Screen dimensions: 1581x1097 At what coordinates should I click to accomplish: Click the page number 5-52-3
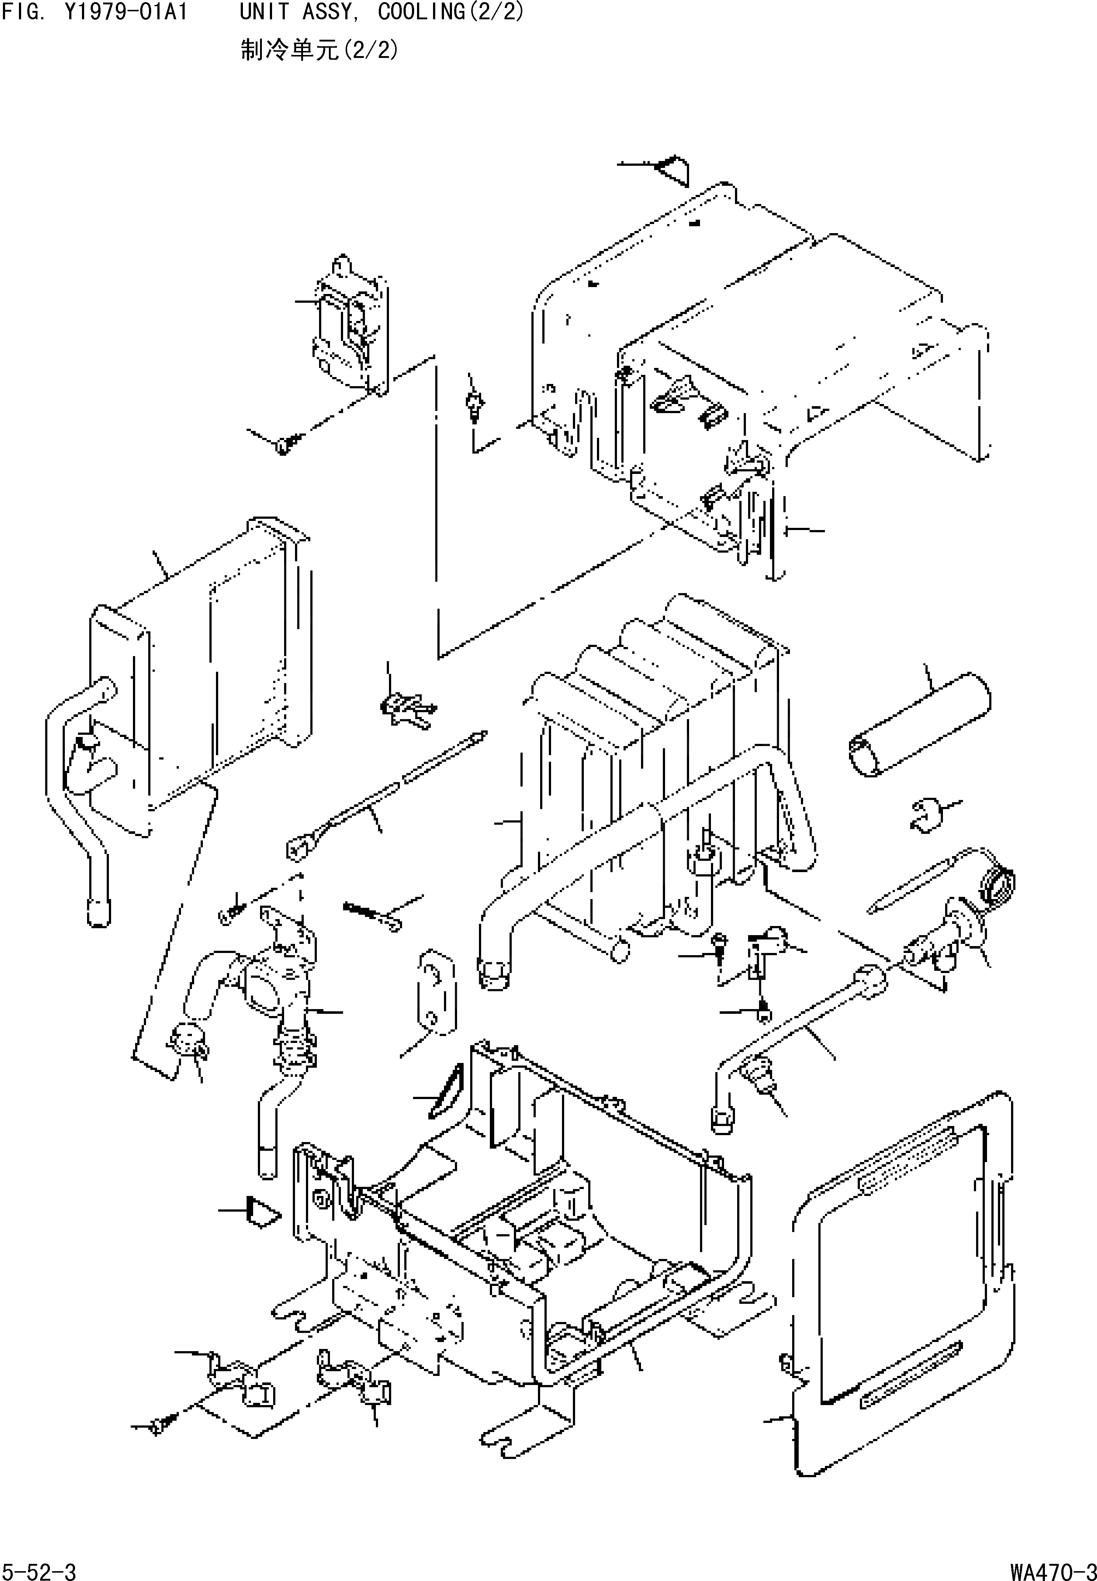pyautogui.click(x=39, y=1566)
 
